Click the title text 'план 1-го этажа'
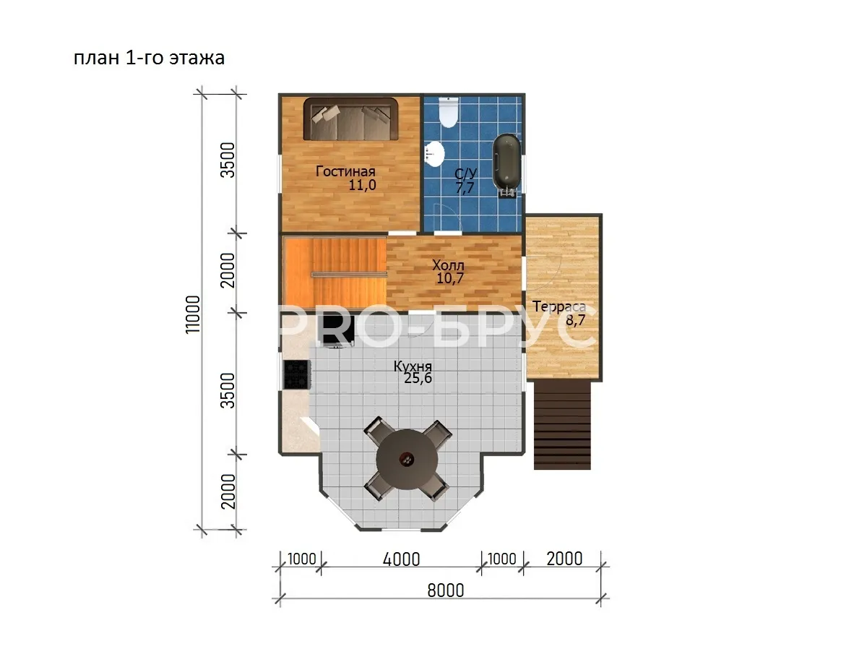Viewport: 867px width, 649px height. click(x=149, y=58)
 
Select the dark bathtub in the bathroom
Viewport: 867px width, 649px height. click(x=506, y=164)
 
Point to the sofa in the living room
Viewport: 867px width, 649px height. click(x=350, y=119)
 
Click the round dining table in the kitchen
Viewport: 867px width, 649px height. click(x=407, y=460)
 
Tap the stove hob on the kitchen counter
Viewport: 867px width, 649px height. click(x=296, y=374)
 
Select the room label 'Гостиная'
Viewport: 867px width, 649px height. click(x=345, y=171)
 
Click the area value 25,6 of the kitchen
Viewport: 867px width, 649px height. click(x=418, y=378)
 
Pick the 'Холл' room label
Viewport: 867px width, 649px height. click(x=448, y=265)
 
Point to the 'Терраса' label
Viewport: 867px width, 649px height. click(x=559, y=307)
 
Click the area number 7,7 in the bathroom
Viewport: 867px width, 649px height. click(x=465, y=188)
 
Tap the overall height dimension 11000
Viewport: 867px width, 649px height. click(x=193, y=314)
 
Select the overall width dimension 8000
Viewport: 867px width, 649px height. click(x=446, y=591)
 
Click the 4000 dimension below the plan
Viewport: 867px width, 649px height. click(x=401, y=559)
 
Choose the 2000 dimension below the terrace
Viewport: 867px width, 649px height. click(x=564, y=559)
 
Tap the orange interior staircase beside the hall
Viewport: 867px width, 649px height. click(x=335, y=272)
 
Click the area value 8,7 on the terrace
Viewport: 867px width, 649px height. click(x=576, y=320)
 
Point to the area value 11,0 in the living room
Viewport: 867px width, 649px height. click(x=362, y=185)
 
